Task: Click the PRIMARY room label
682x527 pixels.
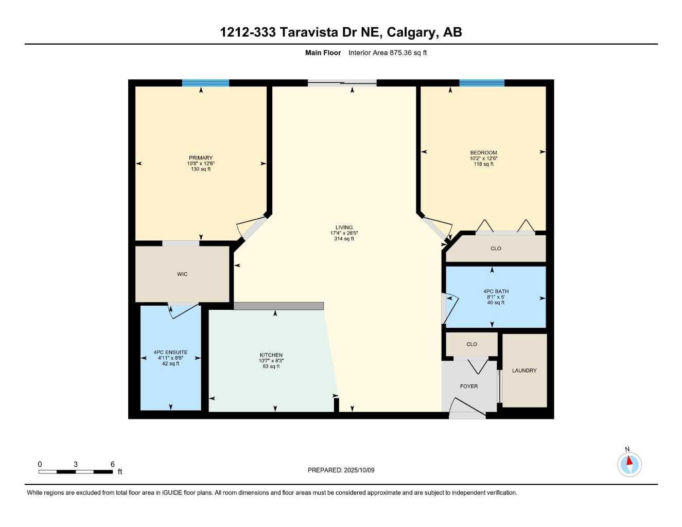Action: coord(201,158)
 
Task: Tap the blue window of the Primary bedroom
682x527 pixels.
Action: coord(205,83)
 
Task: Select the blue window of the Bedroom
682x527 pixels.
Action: coord(482,83)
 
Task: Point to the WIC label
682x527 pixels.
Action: coord(182,274)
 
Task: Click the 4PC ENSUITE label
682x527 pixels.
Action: coord(170,352)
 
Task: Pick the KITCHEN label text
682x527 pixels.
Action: coord(271,355)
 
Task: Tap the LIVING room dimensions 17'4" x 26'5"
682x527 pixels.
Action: coord(344,233)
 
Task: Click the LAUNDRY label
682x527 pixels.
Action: coord(524,371)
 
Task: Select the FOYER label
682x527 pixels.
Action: coord(469,387)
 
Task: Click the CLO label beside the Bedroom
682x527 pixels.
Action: coord(496,249)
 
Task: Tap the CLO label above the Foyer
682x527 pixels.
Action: coord(471,344)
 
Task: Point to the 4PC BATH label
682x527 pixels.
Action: coord(496,291)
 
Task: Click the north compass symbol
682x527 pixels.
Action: coord(629,464)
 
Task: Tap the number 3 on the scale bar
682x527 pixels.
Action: coord(76,464)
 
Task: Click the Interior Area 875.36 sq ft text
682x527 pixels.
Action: coord(388,52)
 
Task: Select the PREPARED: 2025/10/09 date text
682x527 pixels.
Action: coord(341,470)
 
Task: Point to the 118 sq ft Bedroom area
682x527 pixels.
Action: coord(484,164)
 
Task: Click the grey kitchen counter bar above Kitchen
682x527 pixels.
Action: coord(278,306)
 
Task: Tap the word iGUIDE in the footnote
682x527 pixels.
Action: coord(172,493)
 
